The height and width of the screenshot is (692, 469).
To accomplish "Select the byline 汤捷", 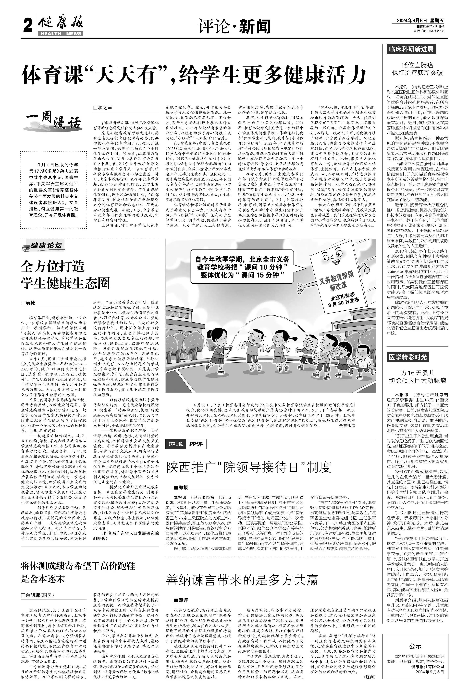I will point(28,303).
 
